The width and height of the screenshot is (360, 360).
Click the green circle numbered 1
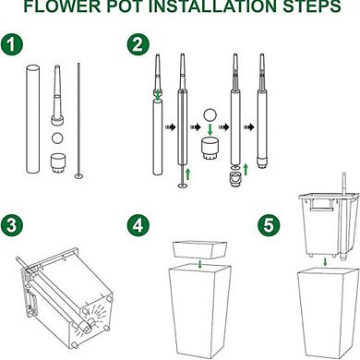12,45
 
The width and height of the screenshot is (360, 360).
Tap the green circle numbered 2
138,45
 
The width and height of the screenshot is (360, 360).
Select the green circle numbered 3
12,225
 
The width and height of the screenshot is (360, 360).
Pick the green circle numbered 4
138,225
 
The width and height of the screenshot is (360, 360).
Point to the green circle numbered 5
269,225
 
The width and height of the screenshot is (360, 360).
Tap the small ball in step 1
57,138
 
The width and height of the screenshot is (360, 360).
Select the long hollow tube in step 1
32,119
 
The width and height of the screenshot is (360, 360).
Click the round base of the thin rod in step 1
79,176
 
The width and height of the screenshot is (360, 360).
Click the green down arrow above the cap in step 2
210,129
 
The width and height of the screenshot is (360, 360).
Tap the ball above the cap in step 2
210,114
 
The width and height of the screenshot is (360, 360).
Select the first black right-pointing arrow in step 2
171,126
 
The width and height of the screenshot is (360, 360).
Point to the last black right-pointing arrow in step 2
249,126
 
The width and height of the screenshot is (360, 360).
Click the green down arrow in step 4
200,265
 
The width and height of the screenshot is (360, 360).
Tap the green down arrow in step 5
326,263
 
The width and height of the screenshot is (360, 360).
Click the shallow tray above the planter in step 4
200,250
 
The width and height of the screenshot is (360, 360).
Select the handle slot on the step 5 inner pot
321,206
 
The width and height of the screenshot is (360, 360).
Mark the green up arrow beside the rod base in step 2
188,174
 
